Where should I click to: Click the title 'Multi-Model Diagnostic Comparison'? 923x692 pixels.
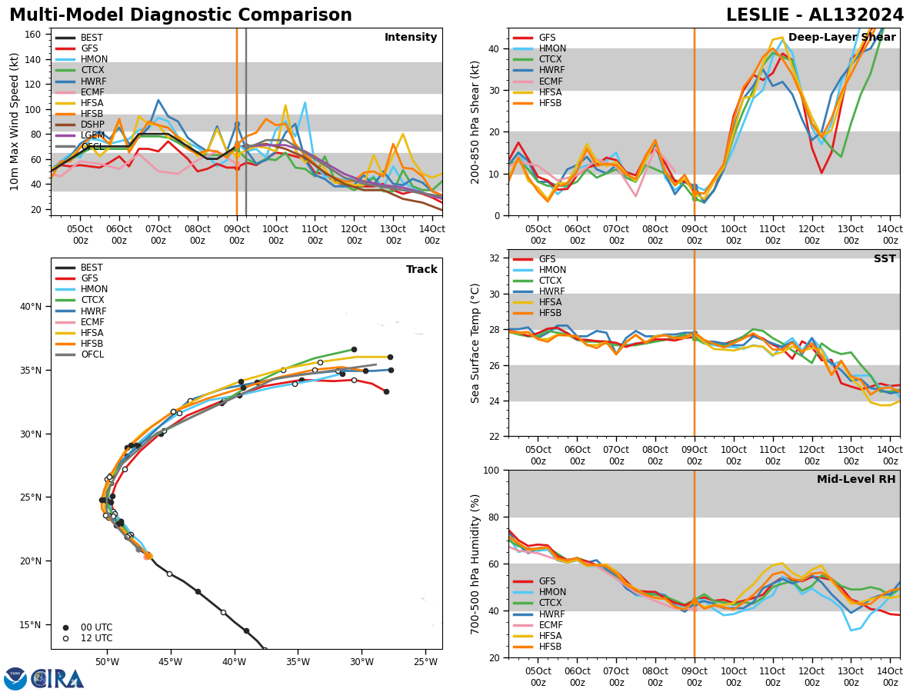click(181, 15)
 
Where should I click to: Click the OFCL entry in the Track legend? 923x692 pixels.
click(92, 354)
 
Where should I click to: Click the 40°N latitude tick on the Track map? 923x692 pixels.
click(31, 307)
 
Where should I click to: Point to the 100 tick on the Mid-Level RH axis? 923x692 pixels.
click(490, 470)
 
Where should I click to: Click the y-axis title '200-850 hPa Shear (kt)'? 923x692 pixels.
click(475, 121)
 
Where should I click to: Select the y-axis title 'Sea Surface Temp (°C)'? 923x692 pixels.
click(475, 343)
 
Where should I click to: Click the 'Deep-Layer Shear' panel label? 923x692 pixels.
click(841, 38)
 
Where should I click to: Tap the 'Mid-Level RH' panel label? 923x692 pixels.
click(856, 480)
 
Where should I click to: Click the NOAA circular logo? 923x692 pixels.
click(15, 678)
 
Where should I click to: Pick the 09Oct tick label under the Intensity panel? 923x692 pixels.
click(236, 234)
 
